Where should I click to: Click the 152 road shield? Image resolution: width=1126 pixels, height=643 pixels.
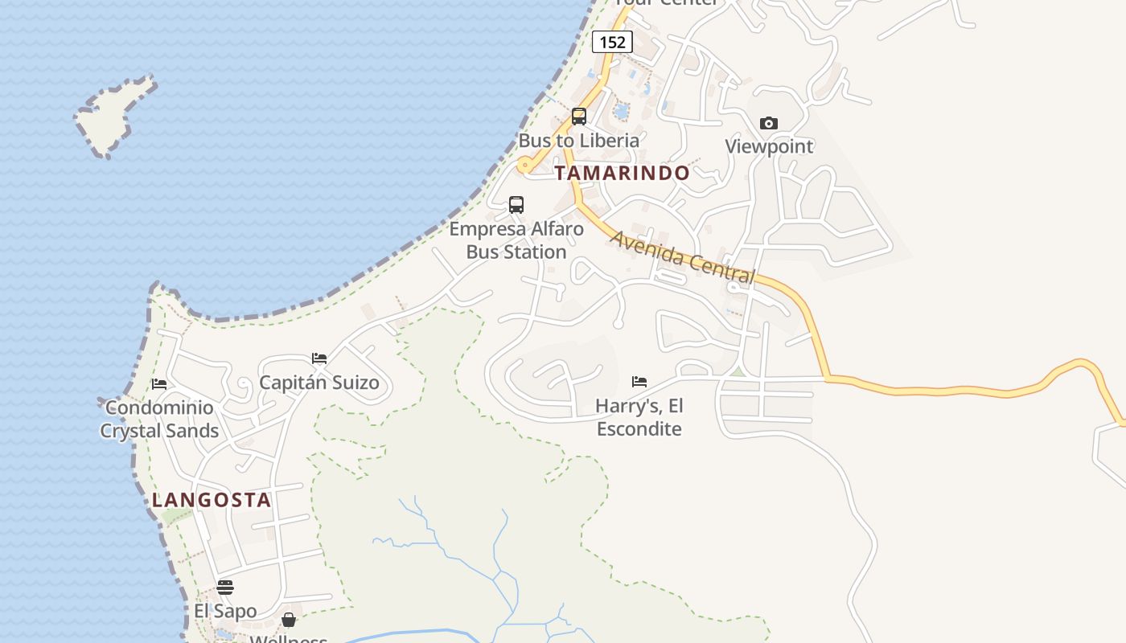612,42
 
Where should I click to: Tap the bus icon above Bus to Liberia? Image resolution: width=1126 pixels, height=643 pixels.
578,117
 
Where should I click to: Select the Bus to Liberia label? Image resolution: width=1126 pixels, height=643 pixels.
578,141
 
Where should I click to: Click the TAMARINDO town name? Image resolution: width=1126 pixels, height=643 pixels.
622,173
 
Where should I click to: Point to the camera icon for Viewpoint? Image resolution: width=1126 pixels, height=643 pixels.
769,123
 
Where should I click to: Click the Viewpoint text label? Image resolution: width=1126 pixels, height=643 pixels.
769,146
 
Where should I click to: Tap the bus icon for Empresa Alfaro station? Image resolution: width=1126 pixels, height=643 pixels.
516,205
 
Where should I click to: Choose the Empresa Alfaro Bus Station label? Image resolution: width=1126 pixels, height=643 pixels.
516,240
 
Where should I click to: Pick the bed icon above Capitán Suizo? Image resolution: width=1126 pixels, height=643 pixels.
319,358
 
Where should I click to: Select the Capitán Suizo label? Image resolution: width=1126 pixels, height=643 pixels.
319,383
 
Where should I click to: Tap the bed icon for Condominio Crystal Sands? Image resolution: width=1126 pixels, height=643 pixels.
159,384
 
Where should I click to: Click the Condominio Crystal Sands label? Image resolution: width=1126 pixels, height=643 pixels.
159,419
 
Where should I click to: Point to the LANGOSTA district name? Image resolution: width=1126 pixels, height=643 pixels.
212,500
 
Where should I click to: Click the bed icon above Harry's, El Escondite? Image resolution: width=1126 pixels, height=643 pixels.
639,381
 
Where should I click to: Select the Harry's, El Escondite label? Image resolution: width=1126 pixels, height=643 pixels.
639,417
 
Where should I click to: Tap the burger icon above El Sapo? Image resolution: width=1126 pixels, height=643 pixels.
225,588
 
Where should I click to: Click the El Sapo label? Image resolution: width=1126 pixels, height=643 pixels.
225,612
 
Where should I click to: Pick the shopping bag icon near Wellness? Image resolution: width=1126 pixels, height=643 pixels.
289,620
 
